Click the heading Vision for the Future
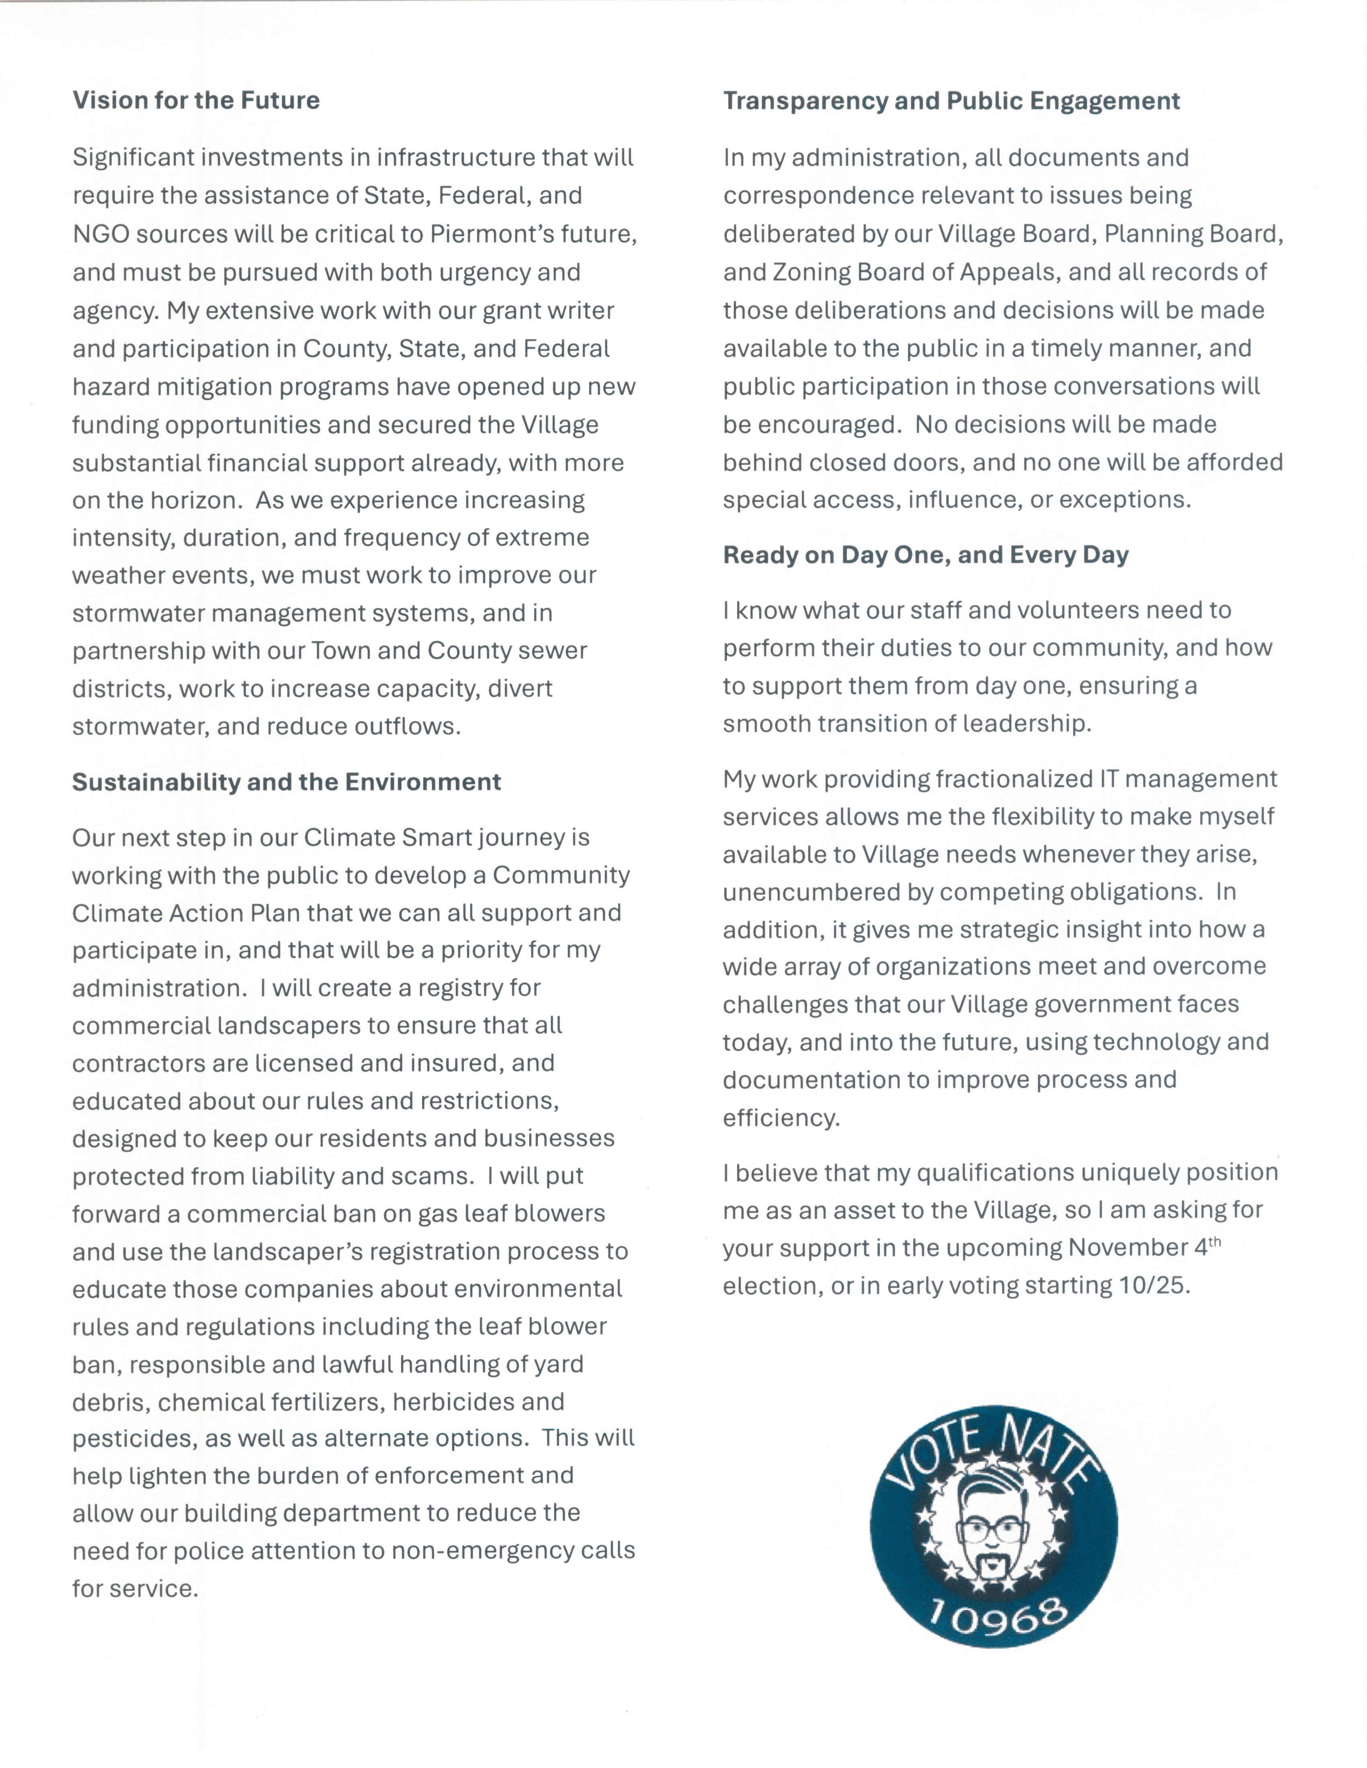(x=196, y=100)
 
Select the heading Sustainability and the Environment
(x=287, y=782)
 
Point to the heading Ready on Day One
(x=926, y=555)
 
